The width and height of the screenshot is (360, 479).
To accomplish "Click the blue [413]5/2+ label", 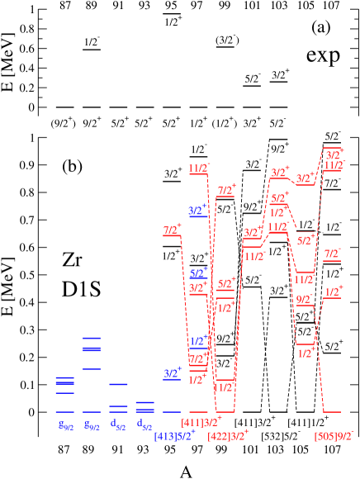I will [174, 435].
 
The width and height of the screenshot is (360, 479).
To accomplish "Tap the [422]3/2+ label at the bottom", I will [228, 434].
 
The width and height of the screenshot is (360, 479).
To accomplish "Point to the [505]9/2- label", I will [334, 434].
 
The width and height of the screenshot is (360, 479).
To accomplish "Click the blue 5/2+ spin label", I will [198, 273].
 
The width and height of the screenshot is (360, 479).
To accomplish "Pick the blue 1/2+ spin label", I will [198, 340].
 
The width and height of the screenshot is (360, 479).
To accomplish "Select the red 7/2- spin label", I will [332, 254].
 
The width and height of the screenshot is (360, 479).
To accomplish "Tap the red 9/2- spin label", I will [305, 299].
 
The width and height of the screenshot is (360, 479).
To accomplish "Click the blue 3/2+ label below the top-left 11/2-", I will [197, 211].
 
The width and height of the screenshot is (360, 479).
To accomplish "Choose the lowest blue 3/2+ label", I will [172, 374].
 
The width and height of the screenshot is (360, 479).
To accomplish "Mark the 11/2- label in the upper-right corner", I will [334, 166].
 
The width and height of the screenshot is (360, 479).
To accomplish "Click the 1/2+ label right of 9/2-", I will [334, 291].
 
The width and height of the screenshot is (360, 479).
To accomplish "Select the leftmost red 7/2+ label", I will [172, 230].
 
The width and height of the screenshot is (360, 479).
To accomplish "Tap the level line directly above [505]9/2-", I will [332, 411].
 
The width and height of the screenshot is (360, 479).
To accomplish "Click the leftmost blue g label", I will [64, 425].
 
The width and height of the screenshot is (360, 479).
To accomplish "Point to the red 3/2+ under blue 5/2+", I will [197, 288].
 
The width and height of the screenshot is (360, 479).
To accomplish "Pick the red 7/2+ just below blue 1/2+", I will [197, 359].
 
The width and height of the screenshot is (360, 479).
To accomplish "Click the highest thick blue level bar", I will [91, 339].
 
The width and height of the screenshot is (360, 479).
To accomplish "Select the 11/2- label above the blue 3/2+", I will [199, 168].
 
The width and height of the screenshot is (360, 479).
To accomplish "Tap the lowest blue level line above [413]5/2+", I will [172, 411].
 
